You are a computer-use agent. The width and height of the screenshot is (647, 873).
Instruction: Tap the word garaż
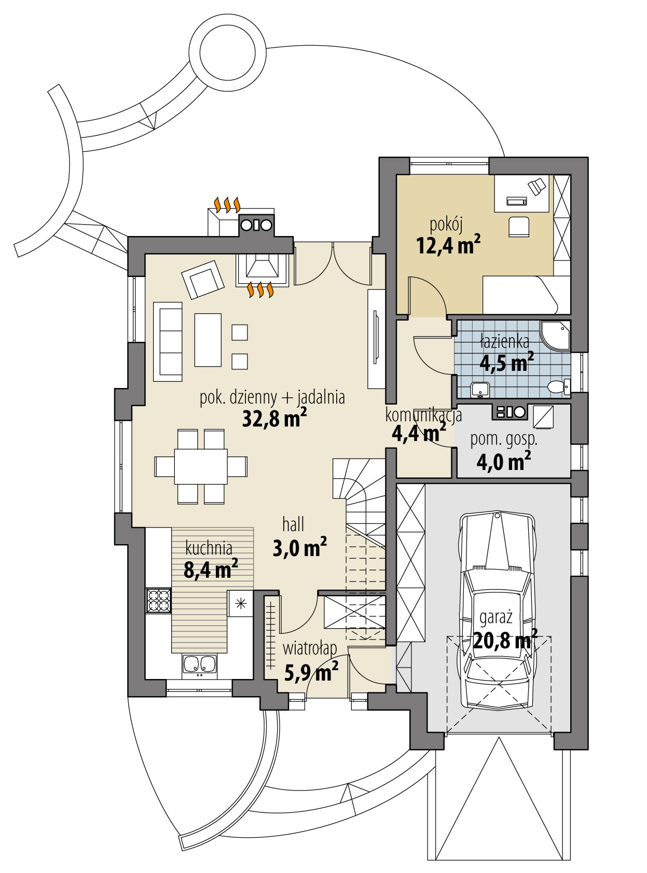pyautogui.click(x=496, y=617)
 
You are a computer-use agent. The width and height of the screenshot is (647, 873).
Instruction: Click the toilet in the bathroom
pyautogui.click(x=558, y=386)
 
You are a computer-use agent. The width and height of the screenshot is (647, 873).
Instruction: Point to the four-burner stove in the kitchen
pyautogui.click(x=158, y=601)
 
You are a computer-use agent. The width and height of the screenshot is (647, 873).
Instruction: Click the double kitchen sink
pyautogui.click(x=200, y=664)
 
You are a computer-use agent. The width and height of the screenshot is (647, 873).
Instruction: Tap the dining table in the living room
pyautogui.click(x=201, y=466)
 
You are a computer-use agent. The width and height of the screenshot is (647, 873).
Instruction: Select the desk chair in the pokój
pyautogui.click(x=519, y=227)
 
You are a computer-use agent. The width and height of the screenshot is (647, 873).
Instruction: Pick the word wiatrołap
pyautogui.click(x=310, y=648)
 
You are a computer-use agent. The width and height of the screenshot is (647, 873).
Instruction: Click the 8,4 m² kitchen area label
pyautogui.click(x=211, y=570)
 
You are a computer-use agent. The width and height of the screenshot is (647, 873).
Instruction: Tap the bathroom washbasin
pyautogui.click(x=480, y=389)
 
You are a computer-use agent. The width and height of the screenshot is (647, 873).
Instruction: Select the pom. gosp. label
pyautogui.click(x=503, y=439)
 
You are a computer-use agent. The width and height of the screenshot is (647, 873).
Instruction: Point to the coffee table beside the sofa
pyautogui.click(x=208, y=340)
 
